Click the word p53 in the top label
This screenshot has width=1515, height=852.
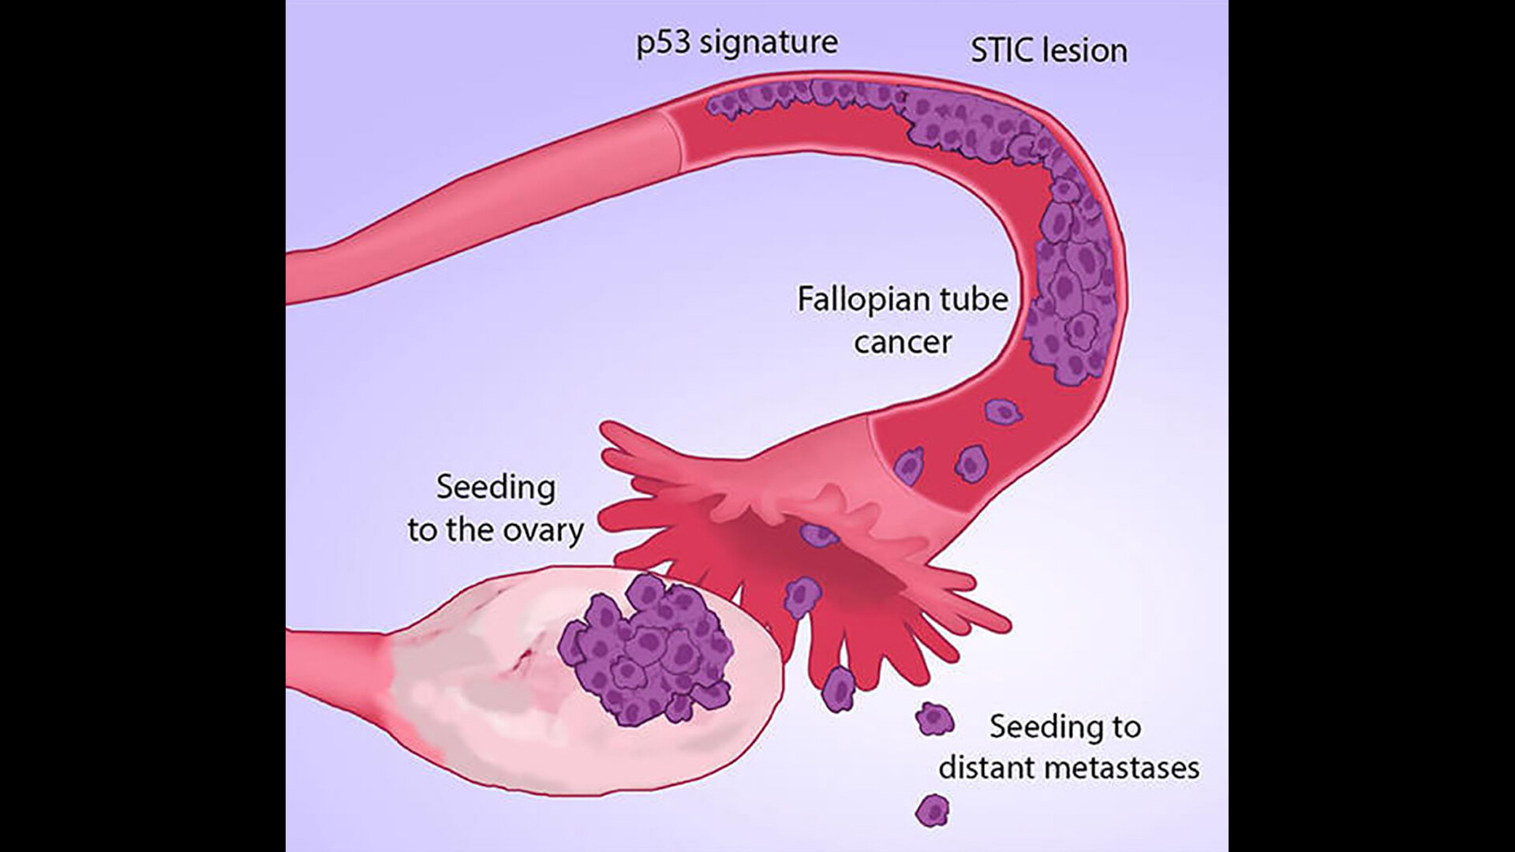[663, 43]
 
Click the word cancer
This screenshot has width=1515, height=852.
[903, 342]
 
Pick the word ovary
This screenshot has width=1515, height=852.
[547, 530]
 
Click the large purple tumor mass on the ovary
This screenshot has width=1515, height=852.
[643, 651]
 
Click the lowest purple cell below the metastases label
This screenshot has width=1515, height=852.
[932, 810]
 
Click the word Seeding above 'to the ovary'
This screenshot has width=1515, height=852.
[496, 488]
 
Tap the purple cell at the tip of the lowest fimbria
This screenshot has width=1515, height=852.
[838, 688]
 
